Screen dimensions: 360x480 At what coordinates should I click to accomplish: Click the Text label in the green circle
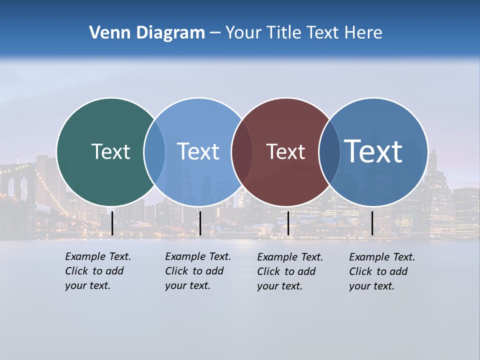tap(110, 151)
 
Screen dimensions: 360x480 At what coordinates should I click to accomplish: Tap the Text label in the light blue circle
tap(198, 151)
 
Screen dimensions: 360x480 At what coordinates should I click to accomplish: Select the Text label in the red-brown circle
tap(285, 151)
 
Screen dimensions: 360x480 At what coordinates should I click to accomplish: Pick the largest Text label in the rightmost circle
tap(373, 151)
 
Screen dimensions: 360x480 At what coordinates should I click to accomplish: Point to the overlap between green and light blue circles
tap(154, 151)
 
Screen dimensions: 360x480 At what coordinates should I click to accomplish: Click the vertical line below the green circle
tap(112, 223)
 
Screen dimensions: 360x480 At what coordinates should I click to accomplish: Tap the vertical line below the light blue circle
tap(200, 223)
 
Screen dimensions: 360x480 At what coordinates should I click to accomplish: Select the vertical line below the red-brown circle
tap(288, 223)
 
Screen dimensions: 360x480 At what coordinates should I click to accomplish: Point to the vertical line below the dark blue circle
tap(372, 223)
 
